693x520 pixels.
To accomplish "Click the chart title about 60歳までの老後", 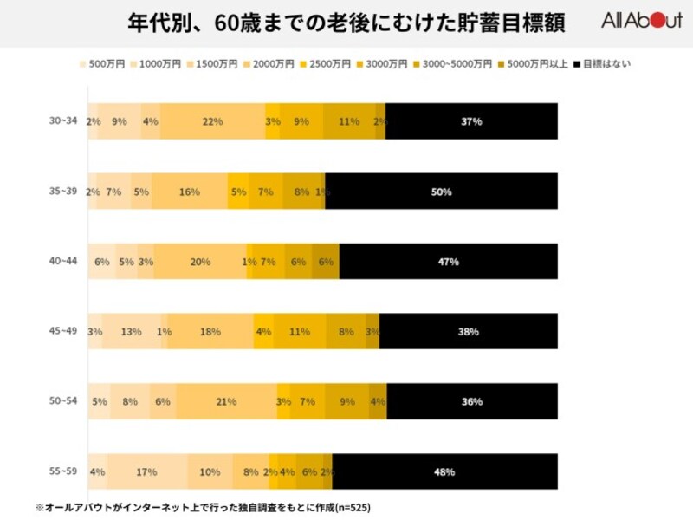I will (x=346, y=23).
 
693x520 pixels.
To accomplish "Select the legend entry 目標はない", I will (x=606, y=64).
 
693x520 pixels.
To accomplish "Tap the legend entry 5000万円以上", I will (x=537, y=64).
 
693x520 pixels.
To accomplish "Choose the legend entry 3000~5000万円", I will (x=460, y=64).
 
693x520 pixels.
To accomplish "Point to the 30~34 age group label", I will (x=62, y=121).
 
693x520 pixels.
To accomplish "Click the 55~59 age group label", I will (x=62, y=471).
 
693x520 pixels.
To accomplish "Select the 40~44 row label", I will (x=62, y=262).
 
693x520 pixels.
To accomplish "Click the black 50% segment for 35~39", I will (x=441, y=192).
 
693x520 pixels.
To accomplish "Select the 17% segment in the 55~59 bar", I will (x=146, y=471).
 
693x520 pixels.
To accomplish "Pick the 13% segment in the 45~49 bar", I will (x=132, y=331).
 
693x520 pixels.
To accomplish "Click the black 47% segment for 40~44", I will (x=448, y=262).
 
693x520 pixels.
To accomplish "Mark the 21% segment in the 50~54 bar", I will (x=225, y=401).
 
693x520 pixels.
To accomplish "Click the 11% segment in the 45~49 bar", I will (x=300, y=331).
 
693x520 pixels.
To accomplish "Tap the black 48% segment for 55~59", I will (x=444, y=471).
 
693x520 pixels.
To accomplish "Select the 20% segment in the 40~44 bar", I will (x=200, y=262).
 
